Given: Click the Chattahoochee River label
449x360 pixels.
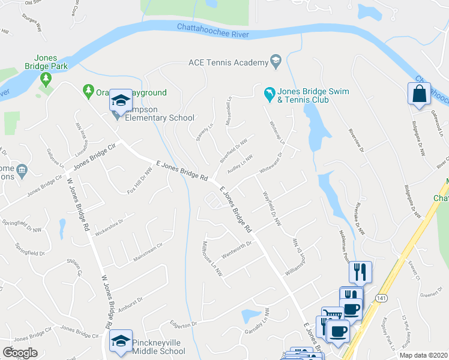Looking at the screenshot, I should [213, 31].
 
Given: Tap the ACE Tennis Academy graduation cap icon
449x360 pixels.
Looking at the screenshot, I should [276, 60].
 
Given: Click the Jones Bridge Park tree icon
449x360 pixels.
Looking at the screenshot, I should [45, 78].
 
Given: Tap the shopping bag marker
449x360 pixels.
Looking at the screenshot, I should [419, 94].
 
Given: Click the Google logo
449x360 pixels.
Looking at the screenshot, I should [20, 353].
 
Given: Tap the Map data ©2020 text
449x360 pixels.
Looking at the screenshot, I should [423, 355].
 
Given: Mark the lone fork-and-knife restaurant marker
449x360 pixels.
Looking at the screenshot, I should [360, 272].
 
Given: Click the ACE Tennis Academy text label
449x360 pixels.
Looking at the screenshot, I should [228, 62].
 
